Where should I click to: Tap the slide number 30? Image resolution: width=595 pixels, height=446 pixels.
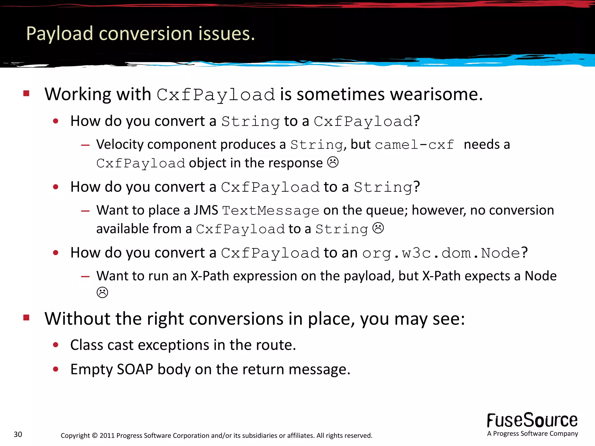click(18, 434)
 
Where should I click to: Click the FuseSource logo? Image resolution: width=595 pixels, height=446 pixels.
click(532, 420)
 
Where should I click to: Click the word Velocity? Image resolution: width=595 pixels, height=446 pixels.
click(120, 144)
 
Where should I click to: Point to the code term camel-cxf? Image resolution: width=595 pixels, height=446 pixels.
click(414, 145)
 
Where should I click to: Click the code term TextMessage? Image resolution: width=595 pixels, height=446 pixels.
click(270, 211)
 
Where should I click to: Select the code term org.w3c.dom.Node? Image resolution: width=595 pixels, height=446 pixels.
click(441, 253)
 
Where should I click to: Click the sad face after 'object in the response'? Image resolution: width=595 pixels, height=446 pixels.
click(333, 162)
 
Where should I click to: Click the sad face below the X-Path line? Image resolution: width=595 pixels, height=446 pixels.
click(102, 292)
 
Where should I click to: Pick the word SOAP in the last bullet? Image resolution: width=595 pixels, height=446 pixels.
click(135, 369)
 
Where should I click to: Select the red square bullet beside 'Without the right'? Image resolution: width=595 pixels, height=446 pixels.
click(26, 317)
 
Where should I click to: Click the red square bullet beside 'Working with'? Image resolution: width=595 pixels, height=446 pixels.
click(26, 93)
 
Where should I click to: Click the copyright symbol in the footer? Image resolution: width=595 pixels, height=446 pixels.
click(95, 436)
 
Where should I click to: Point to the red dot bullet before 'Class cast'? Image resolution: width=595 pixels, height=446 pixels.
click(56, 345)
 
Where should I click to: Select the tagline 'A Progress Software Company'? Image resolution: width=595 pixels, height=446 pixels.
click(532, 434)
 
